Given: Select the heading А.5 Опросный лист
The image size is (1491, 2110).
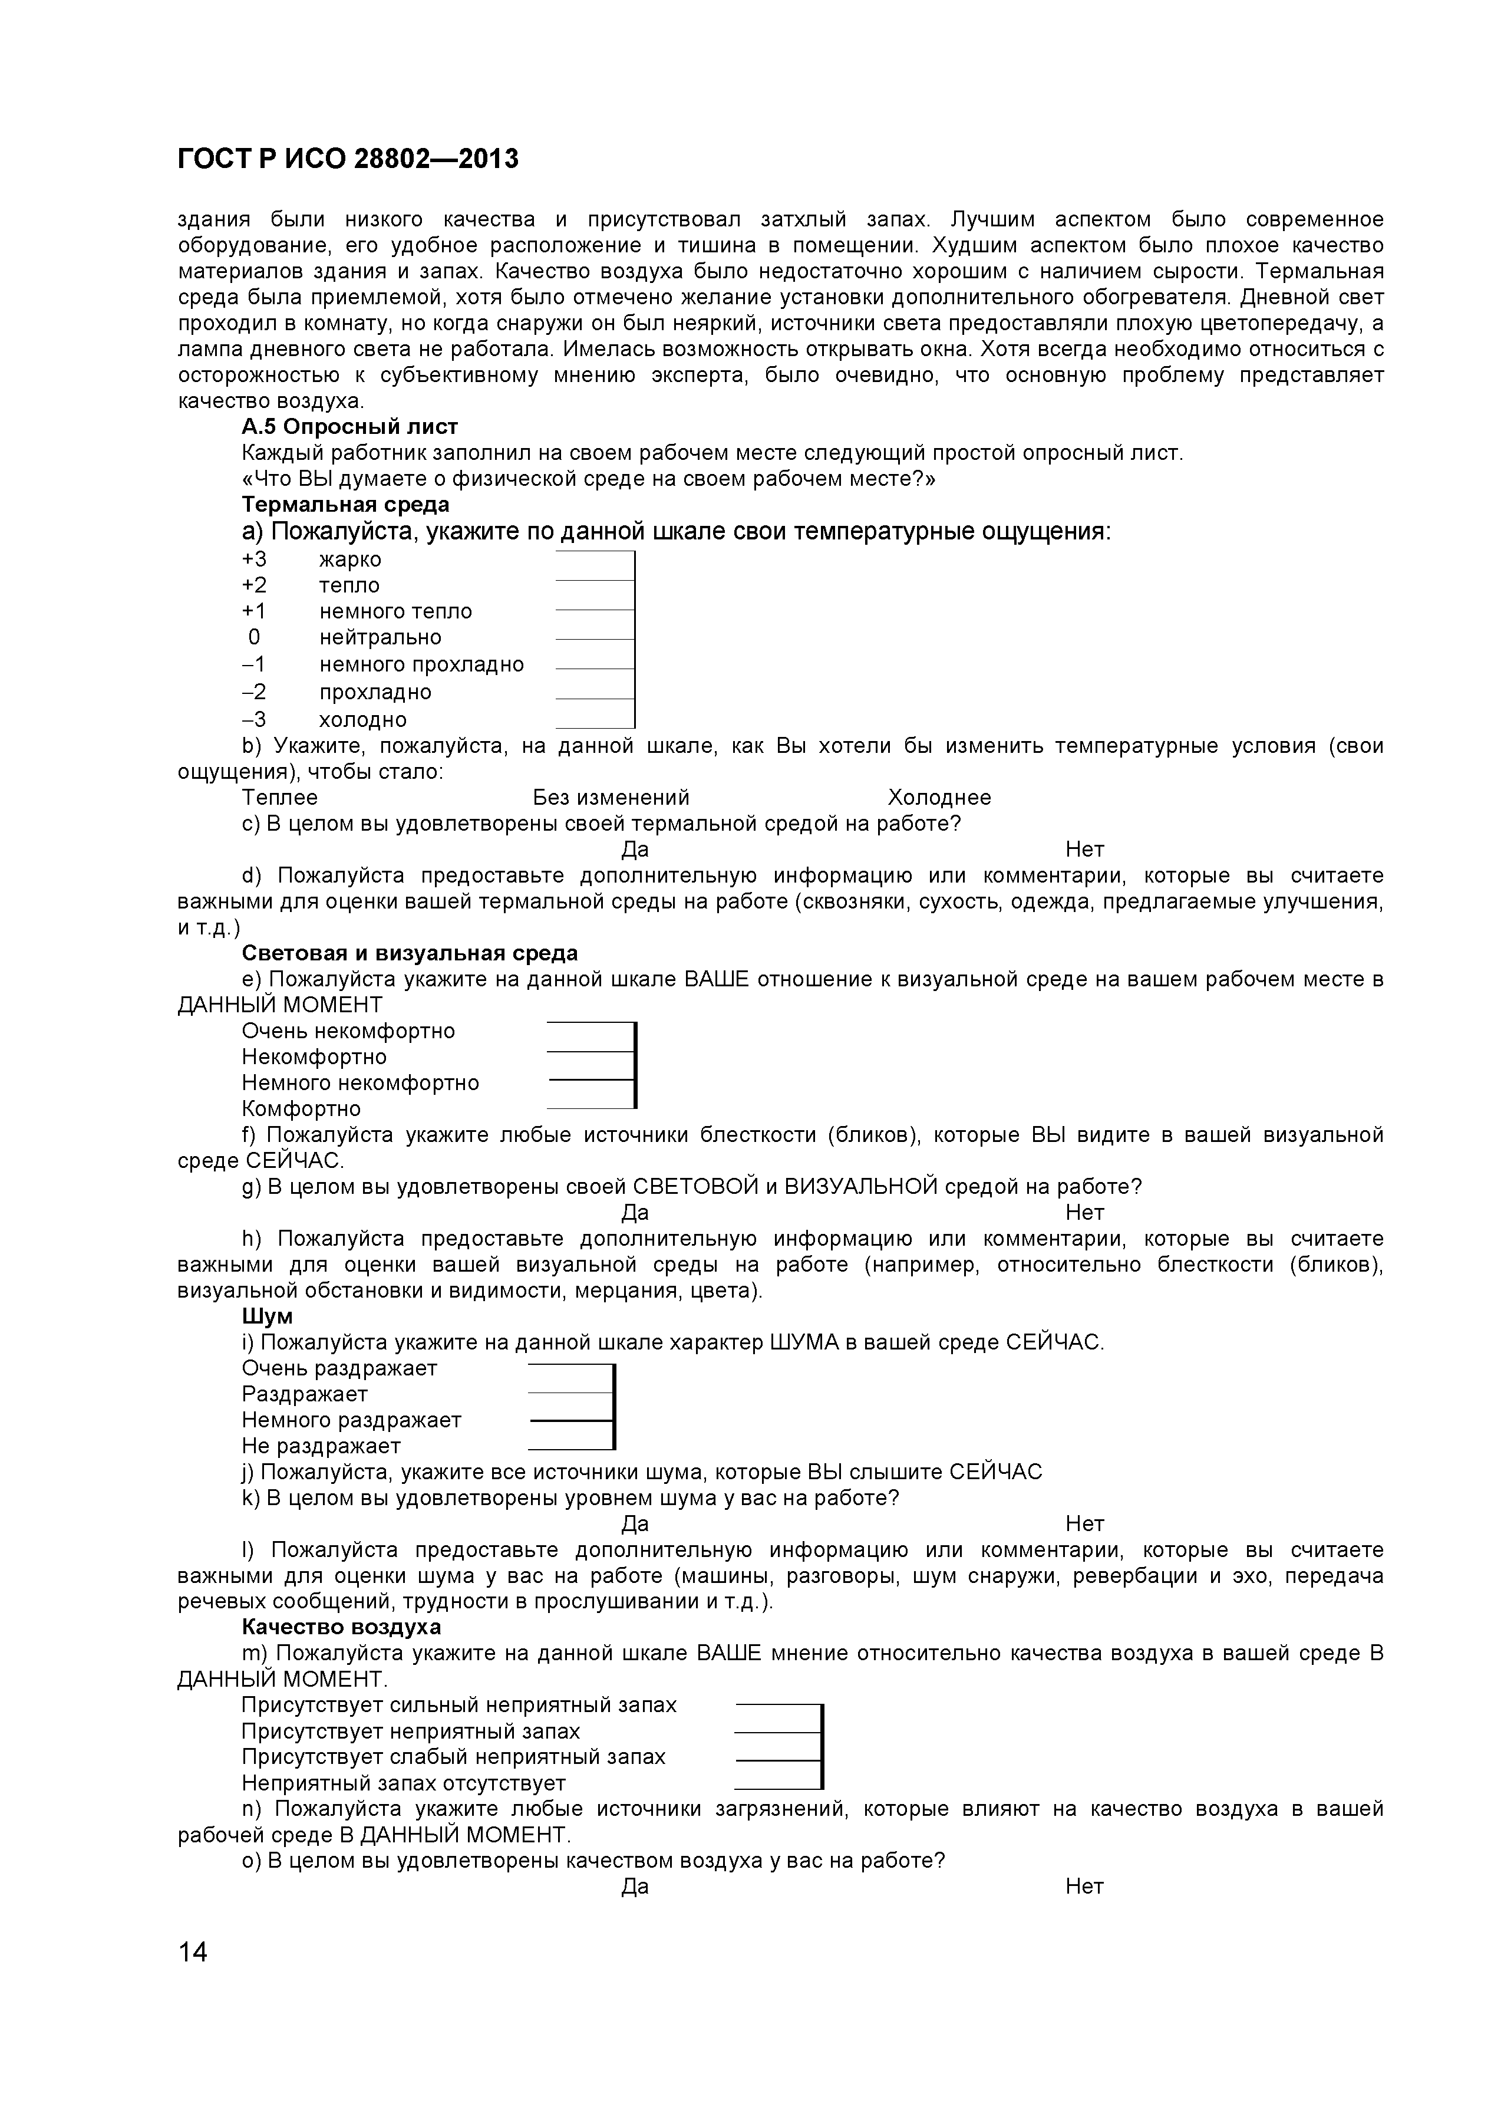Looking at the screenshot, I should coord(349,426).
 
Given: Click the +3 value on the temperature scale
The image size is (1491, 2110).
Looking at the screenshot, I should coord(255,559).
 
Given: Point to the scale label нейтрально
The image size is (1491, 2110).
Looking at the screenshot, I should coord(380,638).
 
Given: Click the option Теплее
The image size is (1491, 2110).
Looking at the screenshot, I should coord(279,798).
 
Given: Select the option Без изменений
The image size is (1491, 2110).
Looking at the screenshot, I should coord(611,798).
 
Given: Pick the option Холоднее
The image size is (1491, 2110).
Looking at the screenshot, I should coord(939,798).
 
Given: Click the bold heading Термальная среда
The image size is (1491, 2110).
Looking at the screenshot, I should coord(345,505).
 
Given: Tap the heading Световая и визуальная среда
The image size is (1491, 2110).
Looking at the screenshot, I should coord(410,953).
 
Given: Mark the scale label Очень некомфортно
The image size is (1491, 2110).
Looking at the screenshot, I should coord(348,1031).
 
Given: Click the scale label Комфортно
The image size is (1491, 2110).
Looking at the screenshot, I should coord(301,1109).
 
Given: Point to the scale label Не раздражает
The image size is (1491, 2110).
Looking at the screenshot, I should coord(322,1447).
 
